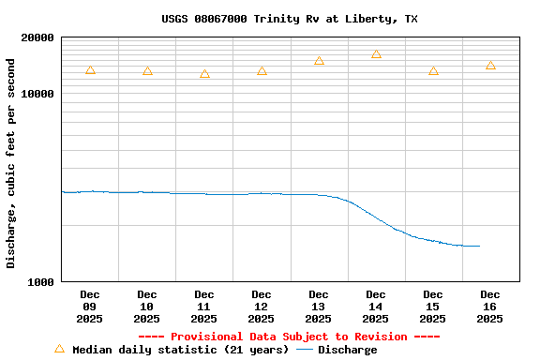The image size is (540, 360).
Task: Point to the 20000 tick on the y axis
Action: pos(38,37)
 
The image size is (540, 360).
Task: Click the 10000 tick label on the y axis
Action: pos(38,94)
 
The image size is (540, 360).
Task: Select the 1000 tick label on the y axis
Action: pos(42,281)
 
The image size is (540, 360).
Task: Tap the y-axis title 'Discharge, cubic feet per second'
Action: pos(11,163)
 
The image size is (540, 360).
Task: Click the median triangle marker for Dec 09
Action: pos(90,70)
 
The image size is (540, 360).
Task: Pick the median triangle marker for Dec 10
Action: pos(147,71)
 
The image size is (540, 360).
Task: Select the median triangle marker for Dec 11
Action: pos(204,74)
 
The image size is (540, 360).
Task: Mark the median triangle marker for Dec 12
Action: pos(262,71)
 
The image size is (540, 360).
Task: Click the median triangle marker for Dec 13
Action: pos(319,61)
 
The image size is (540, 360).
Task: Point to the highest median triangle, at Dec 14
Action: pos(376,54)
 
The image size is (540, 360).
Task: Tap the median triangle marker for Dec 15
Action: pos(433,71)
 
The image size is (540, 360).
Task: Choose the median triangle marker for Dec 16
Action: pos(490,66)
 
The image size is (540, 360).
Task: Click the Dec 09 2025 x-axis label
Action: pos(90,307)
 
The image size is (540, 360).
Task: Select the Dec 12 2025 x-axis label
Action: pos(262,307)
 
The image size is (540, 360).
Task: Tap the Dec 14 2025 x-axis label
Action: pos(376,307)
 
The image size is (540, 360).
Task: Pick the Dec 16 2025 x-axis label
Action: pos(490,307)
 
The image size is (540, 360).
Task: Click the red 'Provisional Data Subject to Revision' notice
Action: pos(289,337)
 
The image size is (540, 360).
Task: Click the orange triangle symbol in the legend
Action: pos(59,349)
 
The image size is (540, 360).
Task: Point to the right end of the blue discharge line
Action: pos(479,246)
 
